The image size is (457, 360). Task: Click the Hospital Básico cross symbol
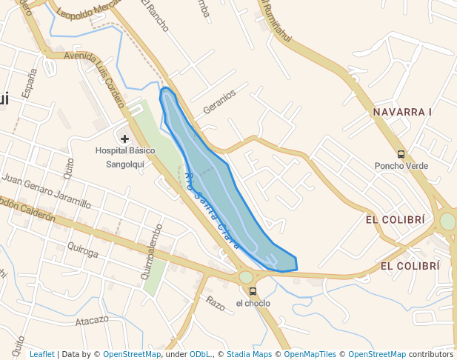pyautogui.click(x=124, y=139)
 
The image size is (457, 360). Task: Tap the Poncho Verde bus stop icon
pyautogui.click(x=401, y=154)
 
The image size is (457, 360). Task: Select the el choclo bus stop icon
pyautogui.click(x=253, y=291)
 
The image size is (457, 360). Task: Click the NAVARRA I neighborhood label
pyautogui.click(x=402, y=112)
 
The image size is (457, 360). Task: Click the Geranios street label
pyautogui.click(x=219, y=101)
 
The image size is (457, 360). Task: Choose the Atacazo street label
pyautogui.click(x=92, y=321)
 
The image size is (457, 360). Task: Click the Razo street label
pyautogui.click(x=215, y=303)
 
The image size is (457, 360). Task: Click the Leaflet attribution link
pyautogui.click(x=42, y=354)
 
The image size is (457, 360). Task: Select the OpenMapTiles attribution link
pyautogui.click(x=314, y=354)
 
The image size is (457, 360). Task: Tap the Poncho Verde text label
pyautogui.click(x=401, y=166)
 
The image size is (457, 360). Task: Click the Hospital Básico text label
pyautogui.click(x=125, y=150)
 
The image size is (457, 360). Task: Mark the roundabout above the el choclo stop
pyautogui.click(x=246, y=277)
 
